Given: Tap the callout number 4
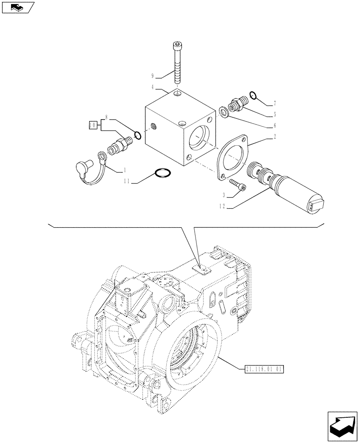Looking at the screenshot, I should click(153, 87).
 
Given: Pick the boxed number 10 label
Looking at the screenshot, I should click(94, 125).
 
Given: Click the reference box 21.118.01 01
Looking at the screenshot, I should click(263, 369).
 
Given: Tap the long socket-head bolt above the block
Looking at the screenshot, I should click(177, 62).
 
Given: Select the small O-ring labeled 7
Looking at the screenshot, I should click(253, 94).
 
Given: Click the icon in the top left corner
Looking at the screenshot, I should click(18, 8).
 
